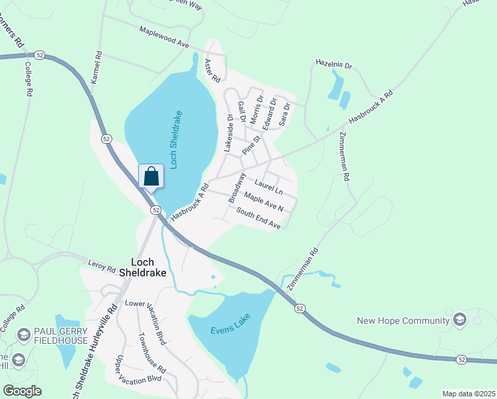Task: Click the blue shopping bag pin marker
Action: point(151,177)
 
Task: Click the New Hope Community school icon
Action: point(459,321)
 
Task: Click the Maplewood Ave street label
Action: point(164,38)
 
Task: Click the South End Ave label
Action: point(259,218)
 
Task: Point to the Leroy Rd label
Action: point(102,267)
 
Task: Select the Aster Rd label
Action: point(212,70)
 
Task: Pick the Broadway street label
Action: point(237,188)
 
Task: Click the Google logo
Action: point(23,391)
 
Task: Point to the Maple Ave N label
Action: point(264,202)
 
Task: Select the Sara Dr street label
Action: point(285,114)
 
